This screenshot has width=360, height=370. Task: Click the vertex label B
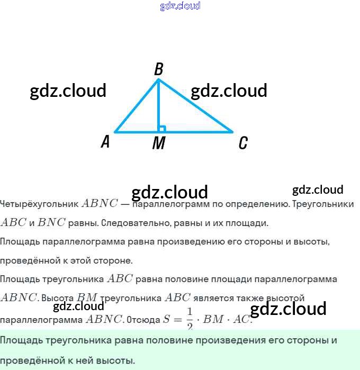tap(158, 69)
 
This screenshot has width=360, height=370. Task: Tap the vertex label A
tap(105, 141)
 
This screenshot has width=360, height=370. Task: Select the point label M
tap(158, 143)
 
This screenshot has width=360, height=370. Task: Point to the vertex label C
tap(242, 143)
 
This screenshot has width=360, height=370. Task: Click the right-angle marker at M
tap(162, 128)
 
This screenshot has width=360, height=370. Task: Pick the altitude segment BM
tap(158, 106)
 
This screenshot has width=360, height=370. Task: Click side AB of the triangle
tap(135, 106)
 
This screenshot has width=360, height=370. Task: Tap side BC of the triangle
tap(196, 106)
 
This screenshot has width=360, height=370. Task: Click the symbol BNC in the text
tap(51, 223)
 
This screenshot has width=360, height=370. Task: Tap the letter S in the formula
tap(166, 320)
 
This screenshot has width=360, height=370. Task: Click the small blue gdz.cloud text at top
tap(180, 6)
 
